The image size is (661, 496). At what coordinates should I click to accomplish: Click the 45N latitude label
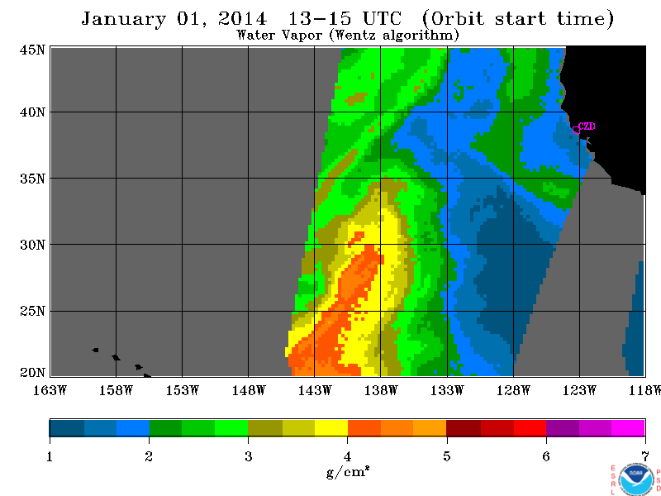(x=32, y=50)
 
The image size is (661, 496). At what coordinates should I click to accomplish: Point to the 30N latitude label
(x=32, y=245)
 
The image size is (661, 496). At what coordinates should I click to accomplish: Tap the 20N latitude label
(x=32, y=373)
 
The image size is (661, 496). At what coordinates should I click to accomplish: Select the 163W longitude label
(x=50, y=390)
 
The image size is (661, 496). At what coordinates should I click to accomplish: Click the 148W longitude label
(x=249, y=390)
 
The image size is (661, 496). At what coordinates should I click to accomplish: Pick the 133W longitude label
(x=447, y=390)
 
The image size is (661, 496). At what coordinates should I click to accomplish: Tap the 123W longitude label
(x=579, y=390)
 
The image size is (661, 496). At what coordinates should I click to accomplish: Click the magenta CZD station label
(x=587, y=126)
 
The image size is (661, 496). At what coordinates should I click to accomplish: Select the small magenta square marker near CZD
(x=576, y=130)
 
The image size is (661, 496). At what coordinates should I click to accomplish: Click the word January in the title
(x=123, y=19)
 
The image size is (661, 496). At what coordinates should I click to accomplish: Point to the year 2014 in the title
(x=242, y=18)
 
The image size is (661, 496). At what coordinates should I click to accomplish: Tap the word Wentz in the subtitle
(x=353, y=35)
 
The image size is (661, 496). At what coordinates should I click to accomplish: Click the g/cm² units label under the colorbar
(x=348, y=472)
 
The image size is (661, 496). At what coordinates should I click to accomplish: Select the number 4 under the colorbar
(x=347, y=456)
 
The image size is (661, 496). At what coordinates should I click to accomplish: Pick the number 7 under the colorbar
(x=645, y=456)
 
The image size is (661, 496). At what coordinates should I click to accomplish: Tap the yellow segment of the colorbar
(x=331, y=427)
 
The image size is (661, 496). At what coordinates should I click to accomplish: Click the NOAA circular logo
(x=636, y=479)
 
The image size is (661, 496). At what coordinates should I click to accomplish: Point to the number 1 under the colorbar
(x=50, y=456)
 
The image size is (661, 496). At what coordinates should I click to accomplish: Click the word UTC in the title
(x=382, y=18)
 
